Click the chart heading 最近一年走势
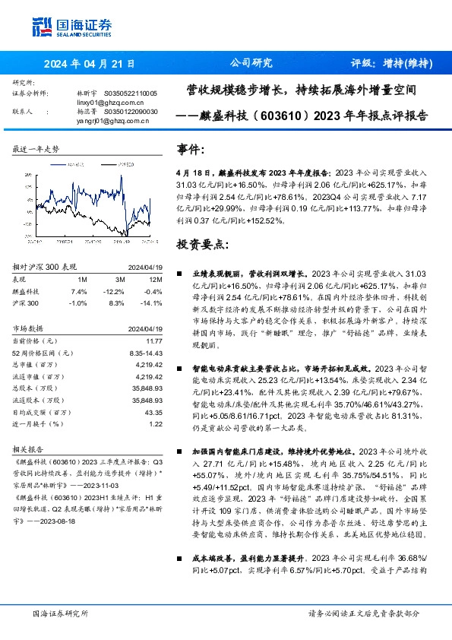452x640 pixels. click(36, 149)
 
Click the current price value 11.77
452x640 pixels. click(154, 342)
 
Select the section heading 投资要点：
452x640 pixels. click(201, 245)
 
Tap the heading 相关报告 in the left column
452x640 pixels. click(30, 449)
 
